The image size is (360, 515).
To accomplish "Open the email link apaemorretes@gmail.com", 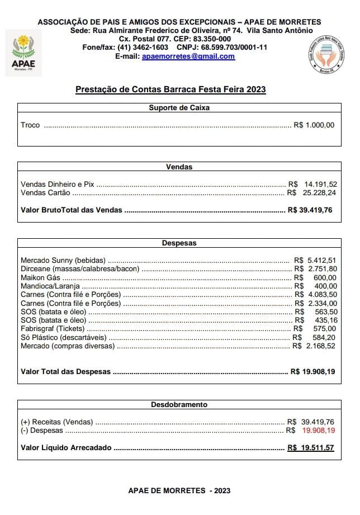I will click(188, 56).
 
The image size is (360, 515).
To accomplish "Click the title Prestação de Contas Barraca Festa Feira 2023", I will click(170, 89).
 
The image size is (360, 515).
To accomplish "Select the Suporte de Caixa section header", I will click(179, 107).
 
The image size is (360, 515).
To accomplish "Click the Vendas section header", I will click(179, 167).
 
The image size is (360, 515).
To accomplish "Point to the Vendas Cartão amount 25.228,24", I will click(320, 193).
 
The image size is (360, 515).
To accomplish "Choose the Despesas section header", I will click(179, 243).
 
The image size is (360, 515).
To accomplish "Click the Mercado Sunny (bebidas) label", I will click(63, 260).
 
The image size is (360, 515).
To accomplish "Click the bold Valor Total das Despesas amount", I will click(313, 371).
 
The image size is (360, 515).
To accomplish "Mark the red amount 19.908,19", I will click(319, 431).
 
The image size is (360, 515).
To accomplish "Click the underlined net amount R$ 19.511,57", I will click(310, 448).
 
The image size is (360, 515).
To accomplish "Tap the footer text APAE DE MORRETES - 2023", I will click(179, 490).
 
